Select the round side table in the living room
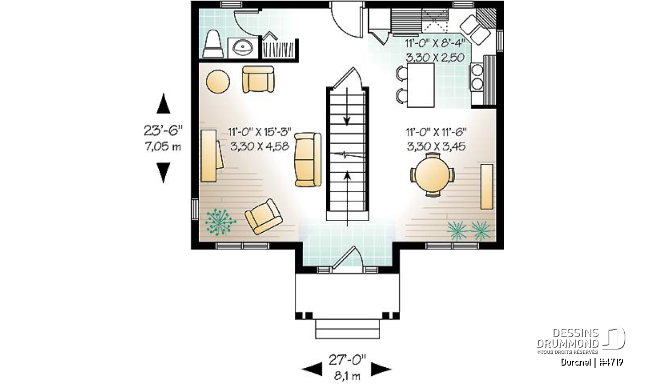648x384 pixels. pos(218,82)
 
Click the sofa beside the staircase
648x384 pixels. pos(308,159)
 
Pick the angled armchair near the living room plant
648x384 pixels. pos(264,217)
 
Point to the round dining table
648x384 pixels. pos(433,175)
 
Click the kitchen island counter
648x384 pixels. pos(421,85)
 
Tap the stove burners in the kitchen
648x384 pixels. pos(477,77)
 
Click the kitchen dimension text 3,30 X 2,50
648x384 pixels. pos(435,58)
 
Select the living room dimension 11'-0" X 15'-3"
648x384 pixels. pos(260,132)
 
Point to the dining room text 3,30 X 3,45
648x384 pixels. pos(436,146)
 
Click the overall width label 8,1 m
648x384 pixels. pos(347,376)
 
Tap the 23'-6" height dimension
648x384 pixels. pos(164,131)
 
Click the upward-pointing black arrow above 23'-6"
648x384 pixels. pos(164,103)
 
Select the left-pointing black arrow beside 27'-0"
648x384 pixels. pos(312,369)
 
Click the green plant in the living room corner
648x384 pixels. pos(220,222)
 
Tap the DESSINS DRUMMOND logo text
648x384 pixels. pos(568,338)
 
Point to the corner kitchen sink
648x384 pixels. pos(475,30)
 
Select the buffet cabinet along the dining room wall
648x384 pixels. pos(487,187)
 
